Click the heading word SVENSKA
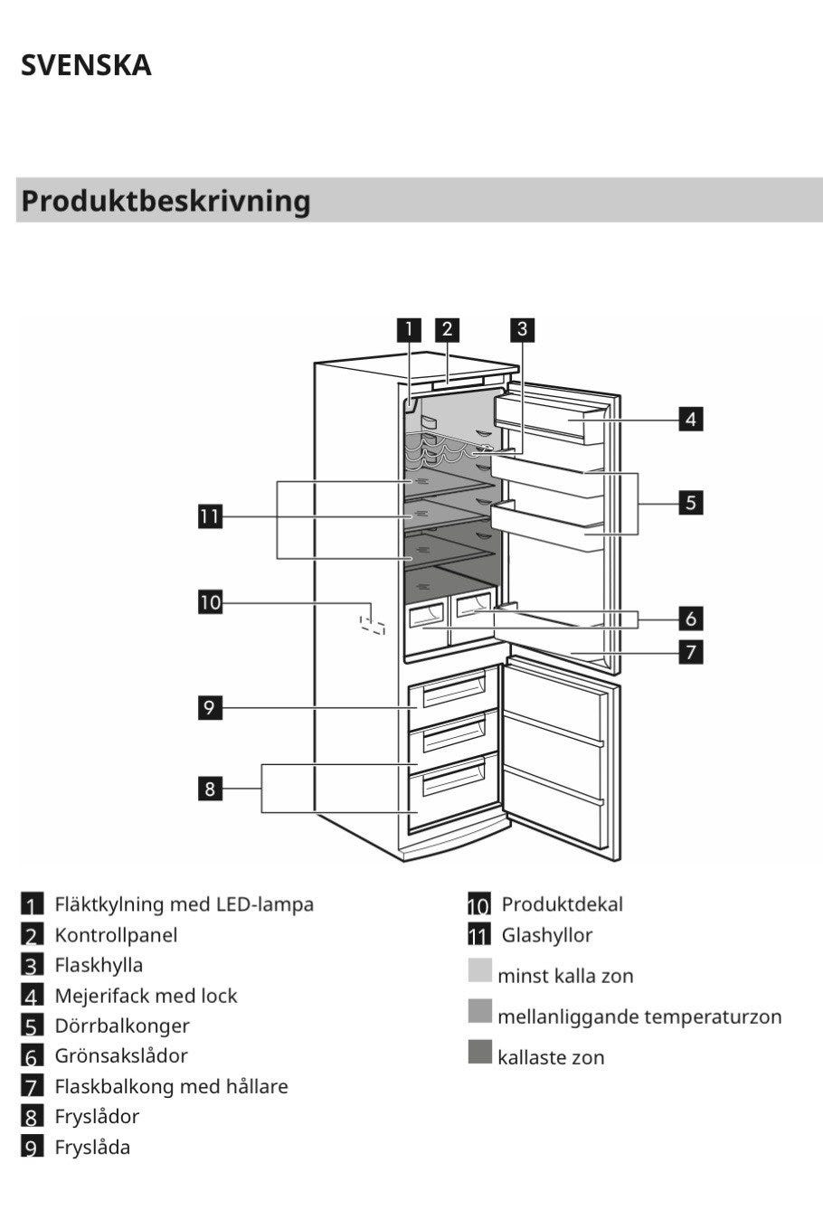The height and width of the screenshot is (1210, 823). pos(86,65)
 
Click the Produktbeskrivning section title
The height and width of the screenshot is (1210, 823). pos(166,200)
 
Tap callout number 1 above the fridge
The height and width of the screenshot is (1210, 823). pos(410,329)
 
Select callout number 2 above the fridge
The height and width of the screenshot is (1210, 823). pos(447,329)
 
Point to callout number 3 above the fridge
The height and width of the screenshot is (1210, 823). pos(522,329)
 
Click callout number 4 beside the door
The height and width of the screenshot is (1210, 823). pos(691,419)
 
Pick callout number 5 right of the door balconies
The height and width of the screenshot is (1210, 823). pos(691,502)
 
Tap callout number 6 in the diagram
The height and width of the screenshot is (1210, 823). pos(691,619)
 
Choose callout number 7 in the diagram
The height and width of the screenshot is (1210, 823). pos(691,651)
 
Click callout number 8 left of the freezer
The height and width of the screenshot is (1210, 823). pos(210,789)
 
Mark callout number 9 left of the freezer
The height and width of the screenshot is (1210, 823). pos(210,706)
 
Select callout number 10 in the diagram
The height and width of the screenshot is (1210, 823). pos(210,601)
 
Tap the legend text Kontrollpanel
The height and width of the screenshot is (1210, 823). pos(116,935)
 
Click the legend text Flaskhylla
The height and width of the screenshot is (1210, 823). pos(99,965)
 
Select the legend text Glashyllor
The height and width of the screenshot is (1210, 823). pos(546,935)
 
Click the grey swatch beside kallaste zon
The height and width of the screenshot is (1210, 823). pos(480,1053)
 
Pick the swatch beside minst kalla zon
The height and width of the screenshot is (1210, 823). pos(480,971)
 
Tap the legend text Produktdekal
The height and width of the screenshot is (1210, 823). pos(562,904)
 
